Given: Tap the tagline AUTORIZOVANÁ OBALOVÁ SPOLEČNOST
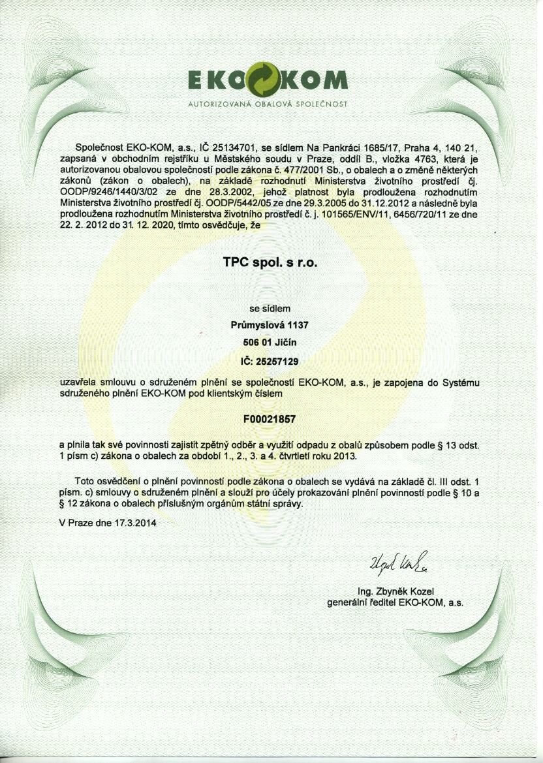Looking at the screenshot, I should tap(267, 104).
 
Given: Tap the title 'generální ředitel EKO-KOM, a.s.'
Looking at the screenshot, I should tap(395, 602).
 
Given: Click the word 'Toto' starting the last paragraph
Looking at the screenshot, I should tap(87, 480).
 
